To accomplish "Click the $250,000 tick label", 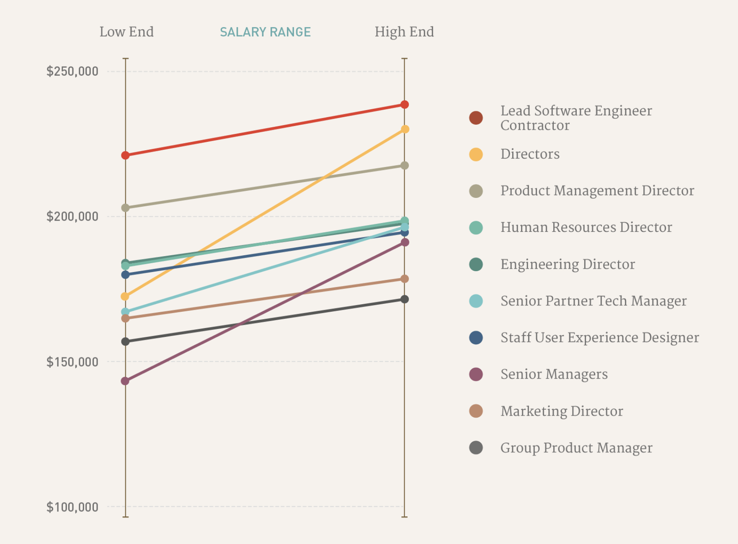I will click(72, 71).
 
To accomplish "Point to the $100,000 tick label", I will click(72, 507).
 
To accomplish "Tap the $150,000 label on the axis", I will click(72, 362).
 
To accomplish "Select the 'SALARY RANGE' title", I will click(265, 32).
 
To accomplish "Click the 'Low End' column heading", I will click(126, 32).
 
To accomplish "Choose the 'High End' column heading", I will click(404, 32).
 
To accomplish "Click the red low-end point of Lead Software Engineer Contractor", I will click(125, 155).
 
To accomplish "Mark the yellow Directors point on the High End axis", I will click(405, 129).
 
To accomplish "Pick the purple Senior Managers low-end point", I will click(125, 381).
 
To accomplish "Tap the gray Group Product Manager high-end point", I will click(405, 299).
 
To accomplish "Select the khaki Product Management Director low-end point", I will click(125, 208).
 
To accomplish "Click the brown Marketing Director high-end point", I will click(405, 279).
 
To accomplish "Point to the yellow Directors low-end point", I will click(125, 296).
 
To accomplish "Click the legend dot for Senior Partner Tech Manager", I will click(476, 301).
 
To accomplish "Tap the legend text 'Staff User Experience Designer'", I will click(600, 338).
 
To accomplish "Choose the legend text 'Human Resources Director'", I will click(586, 227).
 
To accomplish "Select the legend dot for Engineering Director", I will click(476, 264).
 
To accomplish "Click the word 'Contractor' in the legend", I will click(535, 126).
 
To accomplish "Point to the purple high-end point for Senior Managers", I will click(405, 242).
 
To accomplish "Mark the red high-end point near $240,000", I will click(405, 105).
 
